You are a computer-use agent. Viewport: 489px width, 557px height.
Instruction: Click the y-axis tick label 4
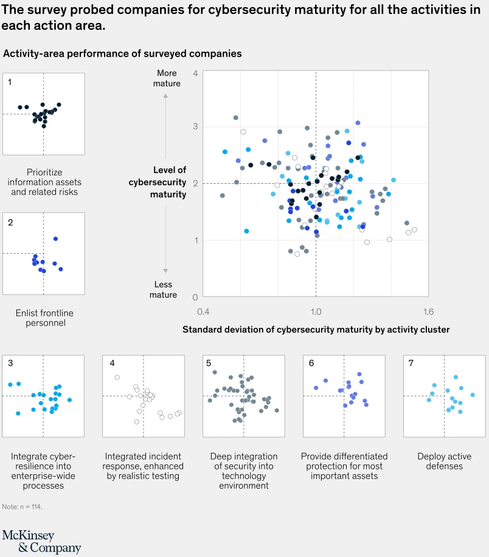click(x=195, y=73)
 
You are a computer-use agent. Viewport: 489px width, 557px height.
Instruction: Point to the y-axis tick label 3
click(x=195, y=127)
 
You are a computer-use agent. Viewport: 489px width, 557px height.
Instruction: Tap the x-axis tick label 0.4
click(x=203, y=312)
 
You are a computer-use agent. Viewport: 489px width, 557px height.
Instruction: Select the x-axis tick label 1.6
click(x=428, y=312)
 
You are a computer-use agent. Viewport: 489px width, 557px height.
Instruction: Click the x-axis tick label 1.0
click(x=316, y=312)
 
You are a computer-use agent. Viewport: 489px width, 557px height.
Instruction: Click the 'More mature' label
click(x=166, y=78)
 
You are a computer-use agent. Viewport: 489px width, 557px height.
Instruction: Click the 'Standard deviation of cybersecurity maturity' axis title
click(x=316, y=329)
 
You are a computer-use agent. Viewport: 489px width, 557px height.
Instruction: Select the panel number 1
click(x=10, y=82)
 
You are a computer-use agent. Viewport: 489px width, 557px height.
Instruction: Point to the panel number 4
click(x=113, y=363)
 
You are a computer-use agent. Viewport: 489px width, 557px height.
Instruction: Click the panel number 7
click(x=411, y=363)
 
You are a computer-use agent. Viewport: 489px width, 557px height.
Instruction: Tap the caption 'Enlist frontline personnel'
click(x=44, y=318)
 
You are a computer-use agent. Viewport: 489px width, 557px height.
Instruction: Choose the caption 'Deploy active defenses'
click(x=440, y=461)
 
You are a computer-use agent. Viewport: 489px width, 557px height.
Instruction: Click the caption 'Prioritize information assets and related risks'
click(x=44, y=182)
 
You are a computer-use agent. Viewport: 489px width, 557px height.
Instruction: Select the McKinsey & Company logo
click(x=41, y=541)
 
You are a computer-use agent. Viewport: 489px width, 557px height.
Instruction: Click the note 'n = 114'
click(x=22, y=506)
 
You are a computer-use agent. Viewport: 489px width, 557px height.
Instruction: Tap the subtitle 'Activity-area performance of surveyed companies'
click(x=122, y=54)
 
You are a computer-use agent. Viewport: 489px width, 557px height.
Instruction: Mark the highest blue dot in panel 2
click(x=55, y=239)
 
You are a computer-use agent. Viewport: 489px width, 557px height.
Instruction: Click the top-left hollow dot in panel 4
click(x=117, y=377)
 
